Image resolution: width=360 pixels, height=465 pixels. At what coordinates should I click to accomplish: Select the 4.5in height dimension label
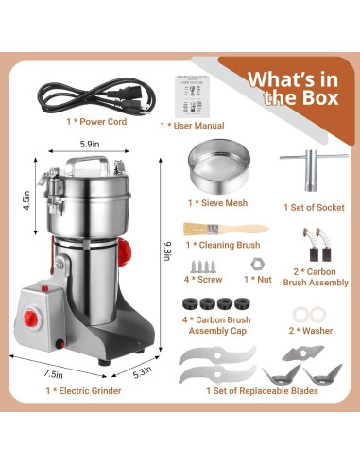(x=28, y=200)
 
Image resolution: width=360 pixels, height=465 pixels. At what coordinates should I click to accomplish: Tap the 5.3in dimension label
(x=139, y=371)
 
